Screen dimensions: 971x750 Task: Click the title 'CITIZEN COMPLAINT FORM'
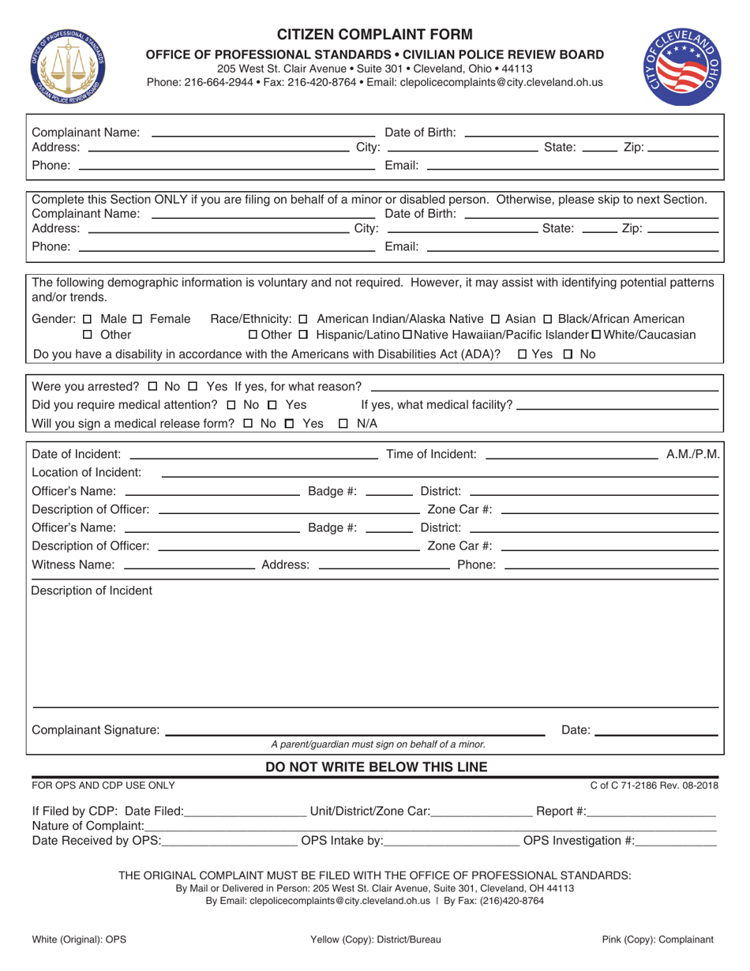[x=375, y=34]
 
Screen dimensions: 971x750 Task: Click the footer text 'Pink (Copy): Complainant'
[x=658, y=939]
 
